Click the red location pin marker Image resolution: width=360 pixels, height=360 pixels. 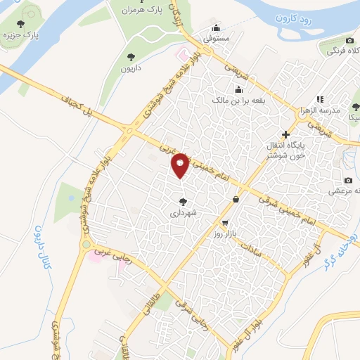coord(181,165)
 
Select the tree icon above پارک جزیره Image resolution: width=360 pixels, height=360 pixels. coord(28,14)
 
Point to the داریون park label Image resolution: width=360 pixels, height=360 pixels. coord(131,68)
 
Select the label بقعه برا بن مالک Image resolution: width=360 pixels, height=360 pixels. coord(239,101)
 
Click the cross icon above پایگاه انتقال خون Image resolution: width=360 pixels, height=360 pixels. coord(285,134)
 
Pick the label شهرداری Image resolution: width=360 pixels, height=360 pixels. coord(184,211)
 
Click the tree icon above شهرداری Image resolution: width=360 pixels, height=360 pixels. coord(184,201)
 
